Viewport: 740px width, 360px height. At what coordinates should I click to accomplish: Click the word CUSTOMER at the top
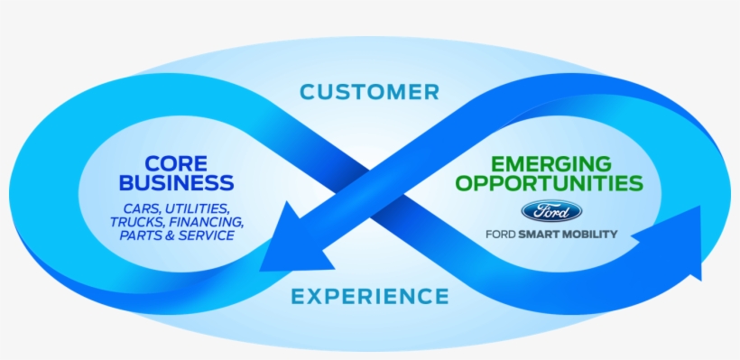(370, 92)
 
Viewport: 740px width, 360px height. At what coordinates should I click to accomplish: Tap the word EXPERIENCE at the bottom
(370, 296)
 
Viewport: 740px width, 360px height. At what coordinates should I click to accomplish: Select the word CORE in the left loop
(177, 164)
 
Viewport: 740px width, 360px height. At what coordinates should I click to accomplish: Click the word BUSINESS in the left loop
(177, 184)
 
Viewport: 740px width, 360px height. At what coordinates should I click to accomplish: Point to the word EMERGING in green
(551, 164)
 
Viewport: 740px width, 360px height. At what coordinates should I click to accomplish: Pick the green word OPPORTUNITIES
(550, 184)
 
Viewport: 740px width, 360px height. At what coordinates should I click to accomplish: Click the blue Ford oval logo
(551, 211)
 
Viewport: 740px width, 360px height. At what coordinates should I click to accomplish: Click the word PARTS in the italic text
(141, 235)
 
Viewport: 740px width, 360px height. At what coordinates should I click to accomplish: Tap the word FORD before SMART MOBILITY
(502, 234)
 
